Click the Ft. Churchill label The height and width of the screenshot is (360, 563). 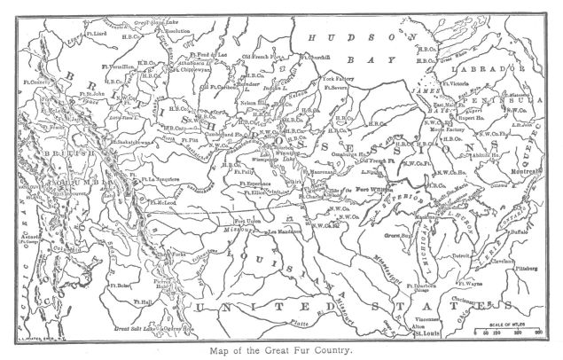pyautogui.click(x=317, y=59)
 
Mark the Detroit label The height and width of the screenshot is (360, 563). pyautogui.click(x=461, y=256)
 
